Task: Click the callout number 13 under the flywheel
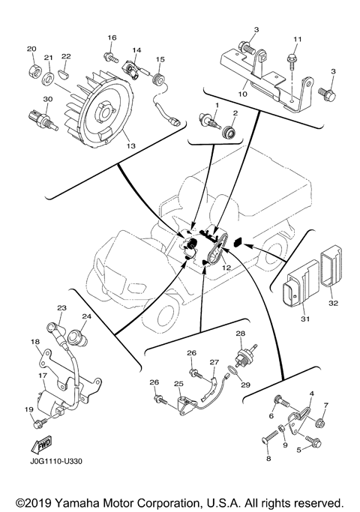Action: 130,146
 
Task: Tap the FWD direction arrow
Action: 41,445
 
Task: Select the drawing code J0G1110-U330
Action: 55,461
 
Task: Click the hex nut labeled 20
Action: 33,70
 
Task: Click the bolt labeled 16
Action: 110,58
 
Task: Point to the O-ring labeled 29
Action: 232,371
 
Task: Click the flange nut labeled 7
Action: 319,424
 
